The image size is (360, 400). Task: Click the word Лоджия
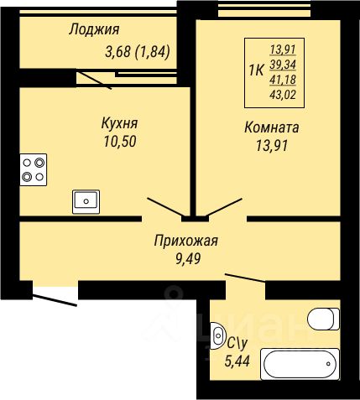[x=94, y=29]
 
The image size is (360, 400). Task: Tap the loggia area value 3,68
[x=117, y=52]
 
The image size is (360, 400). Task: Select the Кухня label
[x=119, y=123]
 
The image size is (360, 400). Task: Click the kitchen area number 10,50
[x=120, y=141]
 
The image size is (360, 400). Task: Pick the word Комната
[x=272, y=127]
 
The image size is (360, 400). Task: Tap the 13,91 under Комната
[x=272, y=145]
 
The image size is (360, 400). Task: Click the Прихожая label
[x=185, y=241]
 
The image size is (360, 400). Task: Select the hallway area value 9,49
[x=188, y=258]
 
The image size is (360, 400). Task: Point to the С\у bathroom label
[x=237, y=344]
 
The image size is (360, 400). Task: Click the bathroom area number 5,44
[x=237, y=361]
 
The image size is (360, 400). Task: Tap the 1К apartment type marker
[x=256, y=70]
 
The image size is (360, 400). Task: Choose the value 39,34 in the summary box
[x=283, y=65]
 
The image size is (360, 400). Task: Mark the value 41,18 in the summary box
[x=283, y=80]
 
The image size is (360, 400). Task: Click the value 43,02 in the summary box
[x=283, y=95]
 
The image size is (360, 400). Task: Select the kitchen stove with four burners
[x=34, y=169]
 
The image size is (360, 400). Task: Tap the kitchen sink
[x=86, y=201]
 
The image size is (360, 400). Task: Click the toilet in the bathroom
[x=323, y=319]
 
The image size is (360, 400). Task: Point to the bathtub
[x=300, y=364]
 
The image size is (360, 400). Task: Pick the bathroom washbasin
[x=217, y=335]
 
